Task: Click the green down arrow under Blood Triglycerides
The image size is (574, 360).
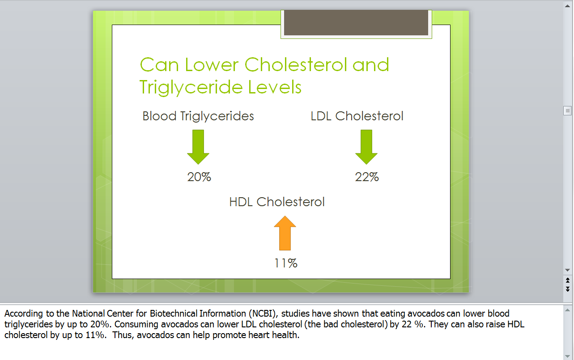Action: click(198, 147)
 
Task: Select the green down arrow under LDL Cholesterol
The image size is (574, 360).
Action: click(366, 147)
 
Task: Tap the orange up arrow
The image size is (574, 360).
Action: click(285, 233)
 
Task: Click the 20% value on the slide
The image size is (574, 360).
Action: click(199, 177)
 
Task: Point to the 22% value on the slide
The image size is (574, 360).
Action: click(367, 177)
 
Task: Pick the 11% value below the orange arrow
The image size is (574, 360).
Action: click(286, 263)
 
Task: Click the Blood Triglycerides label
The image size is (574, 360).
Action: click(198, 116)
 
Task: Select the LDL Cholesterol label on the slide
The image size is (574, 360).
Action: click(357, 116)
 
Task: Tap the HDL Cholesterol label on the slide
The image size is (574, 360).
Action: click(277, 202)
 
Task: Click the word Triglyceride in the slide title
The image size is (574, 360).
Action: click(191, 87)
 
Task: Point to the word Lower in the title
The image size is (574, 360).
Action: click(212, 64)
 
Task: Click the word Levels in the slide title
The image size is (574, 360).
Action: click(275, 87)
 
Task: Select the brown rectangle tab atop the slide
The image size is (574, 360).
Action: click(356, 22)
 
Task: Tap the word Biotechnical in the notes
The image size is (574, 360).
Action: click(174, 313)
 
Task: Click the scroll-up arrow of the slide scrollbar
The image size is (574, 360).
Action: click(567, 6)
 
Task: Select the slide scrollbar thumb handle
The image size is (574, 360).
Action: click(567, 111)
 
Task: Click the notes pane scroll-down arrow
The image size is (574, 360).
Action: click(567, 356)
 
